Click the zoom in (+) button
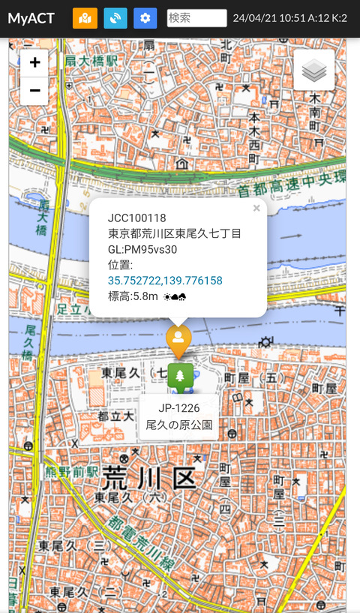point(34,63)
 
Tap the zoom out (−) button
point(34,91)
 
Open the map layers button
point(314,70)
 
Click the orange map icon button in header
point(85,18)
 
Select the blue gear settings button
point(145,18)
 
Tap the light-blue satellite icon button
point(115,18)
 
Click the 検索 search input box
point(196,18)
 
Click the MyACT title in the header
point(31,18)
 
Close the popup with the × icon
point(256,209)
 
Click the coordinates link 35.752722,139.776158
point(165,280)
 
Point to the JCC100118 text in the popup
point(136,218)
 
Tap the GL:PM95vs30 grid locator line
point(142,249)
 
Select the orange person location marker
point(178,339)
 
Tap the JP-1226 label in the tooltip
point(178,408)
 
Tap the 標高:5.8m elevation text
point(133,296)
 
